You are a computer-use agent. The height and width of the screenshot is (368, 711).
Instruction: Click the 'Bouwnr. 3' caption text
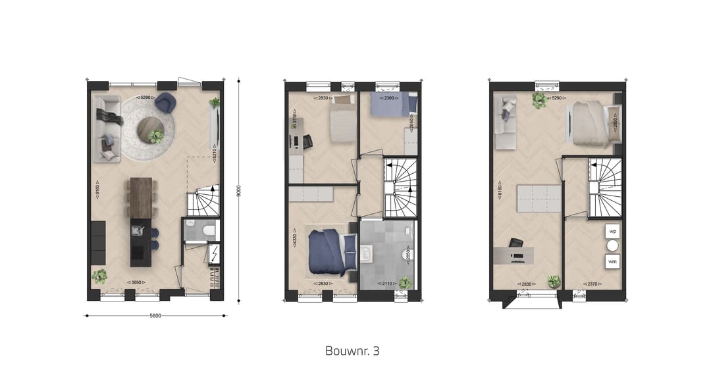352,350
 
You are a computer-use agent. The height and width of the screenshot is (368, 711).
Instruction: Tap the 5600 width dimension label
155,315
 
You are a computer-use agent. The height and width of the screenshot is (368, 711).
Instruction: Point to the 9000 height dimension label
239,190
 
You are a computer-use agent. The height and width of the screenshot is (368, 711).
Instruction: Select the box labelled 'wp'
612,232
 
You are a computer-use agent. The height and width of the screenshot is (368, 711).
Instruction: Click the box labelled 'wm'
612,262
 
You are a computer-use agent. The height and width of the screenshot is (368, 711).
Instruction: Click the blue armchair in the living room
164,102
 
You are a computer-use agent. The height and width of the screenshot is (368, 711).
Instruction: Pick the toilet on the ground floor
209,230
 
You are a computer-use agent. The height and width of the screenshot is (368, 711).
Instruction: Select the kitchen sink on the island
138,230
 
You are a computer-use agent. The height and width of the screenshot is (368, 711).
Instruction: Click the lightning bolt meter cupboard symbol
215,253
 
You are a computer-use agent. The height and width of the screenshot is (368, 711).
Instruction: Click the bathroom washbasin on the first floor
366,253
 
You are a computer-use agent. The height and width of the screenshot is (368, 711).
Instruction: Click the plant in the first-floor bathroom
405,283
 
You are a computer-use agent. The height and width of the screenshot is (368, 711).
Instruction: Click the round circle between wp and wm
612,246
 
